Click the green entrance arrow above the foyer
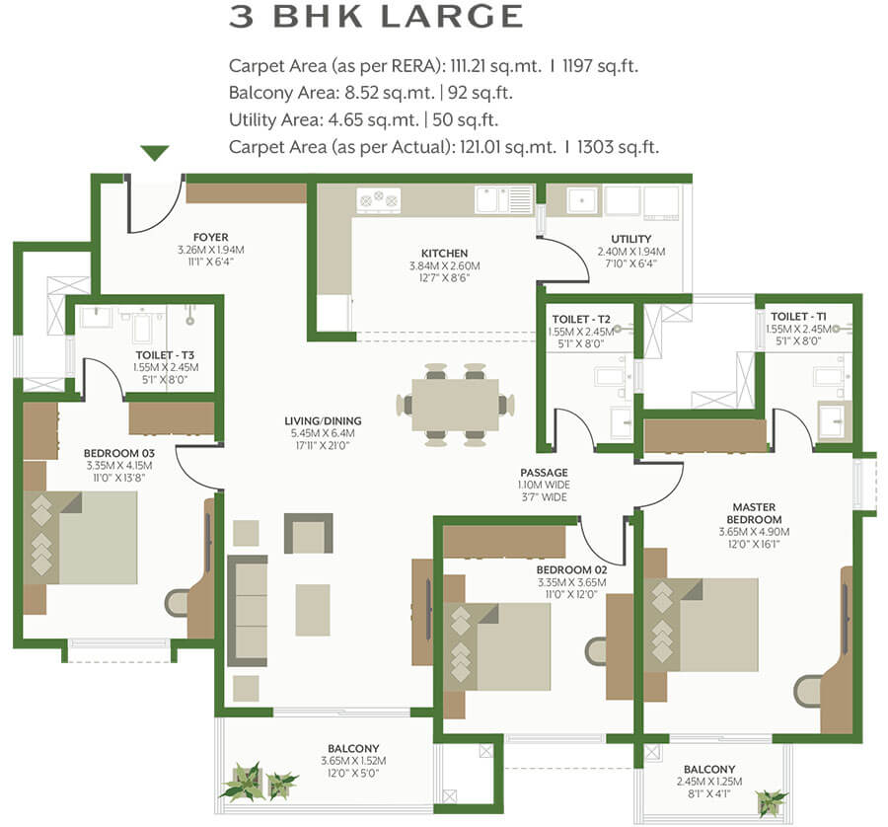(x=155, y=153)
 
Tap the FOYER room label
(x=211, y=237)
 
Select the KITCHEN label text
(x=445, y=254)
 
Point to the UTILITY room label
(x=630, y=239)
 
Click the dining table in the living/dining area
(x=455, y=405)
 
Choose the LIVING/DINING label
(x=323, y=420)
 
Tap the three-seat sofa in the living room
(x=248, y=611)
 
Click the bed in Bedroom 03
(x=80, y=538)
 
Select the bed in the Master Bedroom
(x=702, y=625)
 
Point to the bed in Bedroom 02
(x=496, y=646)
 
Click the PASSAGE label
(x=545, y=473)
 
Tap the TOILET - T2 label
(x=581, y=320)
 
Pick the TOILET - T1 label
(x=798, y=317)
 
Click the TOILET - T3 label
(x=165, y=355)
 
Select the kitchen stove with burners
(x=378, y=200)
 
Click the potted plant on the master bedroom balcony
(x=771, y=802)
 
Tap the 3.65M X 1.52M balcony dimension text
(x=353, y=761)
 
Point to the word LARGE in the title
(x=451, y=16)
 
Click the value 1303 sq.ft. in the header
(x=619, y=147)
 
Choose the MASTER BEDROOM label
(x=754, y=513)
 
